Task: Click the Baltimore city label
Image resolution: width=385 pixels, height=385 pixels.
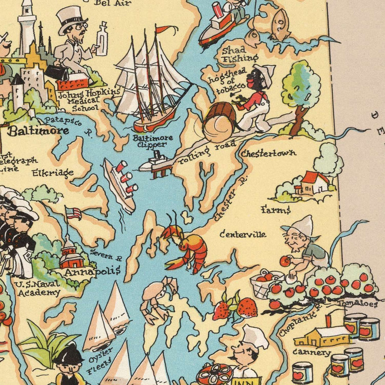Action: coord(38,131)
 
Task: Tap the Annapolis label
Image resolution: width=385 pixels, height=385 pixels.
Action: coord(92,271)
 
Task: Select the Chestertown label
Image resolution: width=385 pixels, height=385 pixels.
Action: coord(268,153)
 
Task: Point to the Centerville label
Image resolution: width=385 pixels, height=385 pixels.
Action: coord(243,234)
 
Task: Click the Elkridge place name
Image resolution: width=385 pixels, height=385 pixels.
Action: coord(53,173)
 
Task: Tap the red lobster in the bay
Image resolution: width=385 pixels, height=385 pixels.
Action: coord(185,248)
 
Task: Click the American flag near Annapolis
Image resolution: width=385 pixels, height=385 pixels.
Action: coord(74,213)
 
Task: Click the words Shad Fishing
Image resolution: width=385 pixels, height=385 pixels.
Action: coord(240,54)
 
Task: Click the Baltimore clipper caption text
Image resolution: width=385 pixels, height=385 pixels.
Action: coord(147,141)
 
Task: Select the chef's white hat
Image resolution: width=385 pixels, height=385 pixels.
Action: coord(255,337)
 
